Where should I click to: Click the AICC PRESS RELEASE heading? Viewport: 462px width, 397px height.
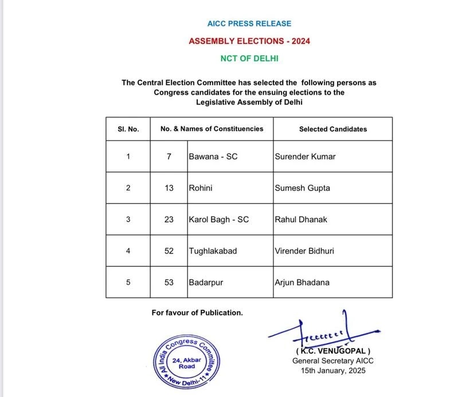[249, 24]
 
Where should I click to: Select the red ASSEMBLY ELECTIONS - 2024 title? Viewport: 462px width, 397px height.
[249, 41]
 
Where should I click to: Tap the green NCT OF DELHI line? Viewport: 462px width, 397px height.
[249, 59]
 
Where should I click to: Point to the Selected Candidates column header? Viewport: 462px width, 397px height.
[332, 129]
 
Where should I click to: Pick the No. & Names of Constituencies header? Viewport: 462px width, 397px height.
[212, 129]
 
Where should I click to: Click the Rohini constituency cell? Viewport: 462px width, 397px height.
[199, 188]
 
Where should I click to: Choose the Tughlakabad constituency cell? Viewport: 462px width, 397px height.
[212, 251]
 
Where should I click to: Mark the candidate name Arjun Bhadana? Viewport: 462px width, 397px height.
[302, 282]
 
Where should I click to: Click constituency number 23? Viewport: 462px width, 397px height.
[169, 219]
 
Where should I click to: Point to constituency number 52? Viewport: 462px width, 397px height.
[169, 251]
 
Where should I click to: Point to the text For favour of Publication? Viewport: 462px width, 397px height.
[197, 313]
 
